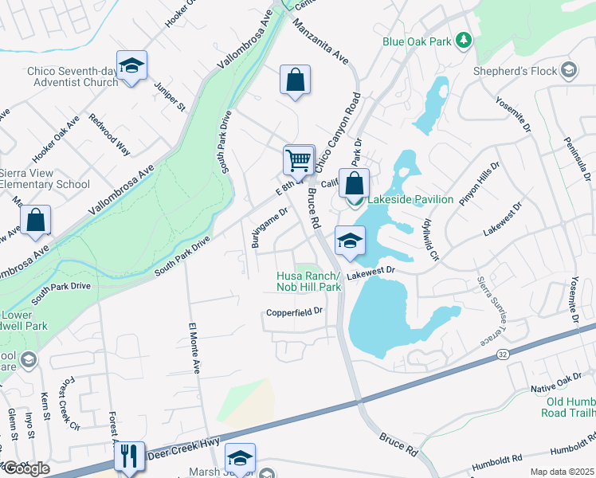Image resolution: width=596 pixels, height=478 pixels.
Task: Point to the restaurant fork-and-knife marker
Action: [128, 457]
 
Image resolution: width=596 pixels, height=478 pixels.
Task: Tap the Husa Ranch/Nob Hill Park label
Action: [308, 281]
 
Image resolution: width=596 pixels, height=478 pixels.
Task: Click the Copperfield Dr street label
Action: [295, 311]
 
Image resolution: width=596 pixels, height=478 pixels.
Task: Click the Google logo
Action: [26, 468]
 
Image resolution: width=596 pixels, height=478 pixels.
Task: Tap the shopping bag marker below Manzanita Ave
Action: [295, 80]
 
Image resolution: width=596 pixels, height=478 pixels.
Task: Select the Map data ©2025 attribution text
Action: [563, 472]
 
